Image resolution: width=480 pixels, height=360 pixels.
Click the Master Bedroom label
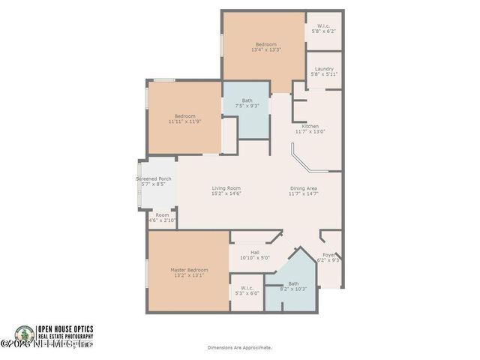188,269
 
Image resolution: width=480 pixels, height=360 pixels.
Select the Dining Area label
304,188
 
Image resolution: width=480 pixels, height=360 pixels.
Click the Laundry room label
324,69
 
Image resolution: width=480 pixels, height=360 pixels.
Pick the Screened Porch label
154,178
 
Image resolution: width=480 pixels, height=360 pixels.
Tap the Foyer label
329,256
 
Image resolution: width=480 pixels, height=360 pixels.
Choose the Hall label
254,252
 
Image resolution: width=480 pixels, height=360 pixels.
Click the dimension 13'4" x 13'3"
266,50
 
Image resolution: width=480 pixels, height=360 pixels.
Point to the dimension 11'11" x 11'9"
185,121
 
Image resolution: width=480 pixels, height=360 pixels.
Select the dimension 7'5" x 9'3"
247,106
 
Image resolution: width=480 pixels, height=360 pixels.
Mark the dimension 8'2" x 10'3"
293,289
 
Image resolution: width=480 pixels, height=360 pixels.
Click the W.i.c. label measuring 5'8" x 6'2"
324,30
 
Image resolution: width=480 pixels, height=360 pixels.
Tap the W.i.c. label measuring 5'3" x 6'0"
247,293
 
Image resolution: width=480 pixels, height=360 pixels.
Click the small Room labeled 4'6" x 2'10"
162,220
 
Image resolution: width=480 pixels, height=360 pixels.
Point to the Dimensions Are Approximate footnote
240,347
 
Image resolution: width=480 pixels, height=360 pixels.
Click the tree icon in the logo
25,335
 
